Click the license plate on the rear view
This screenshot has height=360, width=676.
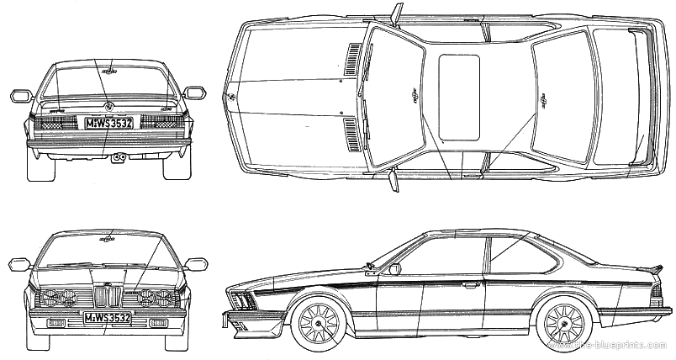[x=108, y=123]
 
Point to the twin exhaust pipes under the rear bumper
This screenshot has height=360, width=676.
[x=118, y=157]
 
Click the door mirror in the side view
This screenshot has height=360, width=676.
[x=394, y=268]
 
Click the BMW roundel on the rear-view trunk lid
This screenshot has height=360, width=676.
[x=108, y=106]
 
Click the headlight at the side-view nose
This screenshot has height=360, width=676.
[x=241, y=299]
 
